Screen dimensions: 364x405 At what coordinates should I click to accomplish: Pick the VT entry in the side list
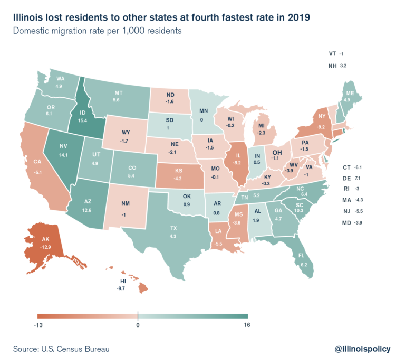[x=332, y=54]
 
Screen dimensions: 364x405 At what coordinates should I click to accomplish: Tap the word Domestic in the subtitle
[x=32, y=31]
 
